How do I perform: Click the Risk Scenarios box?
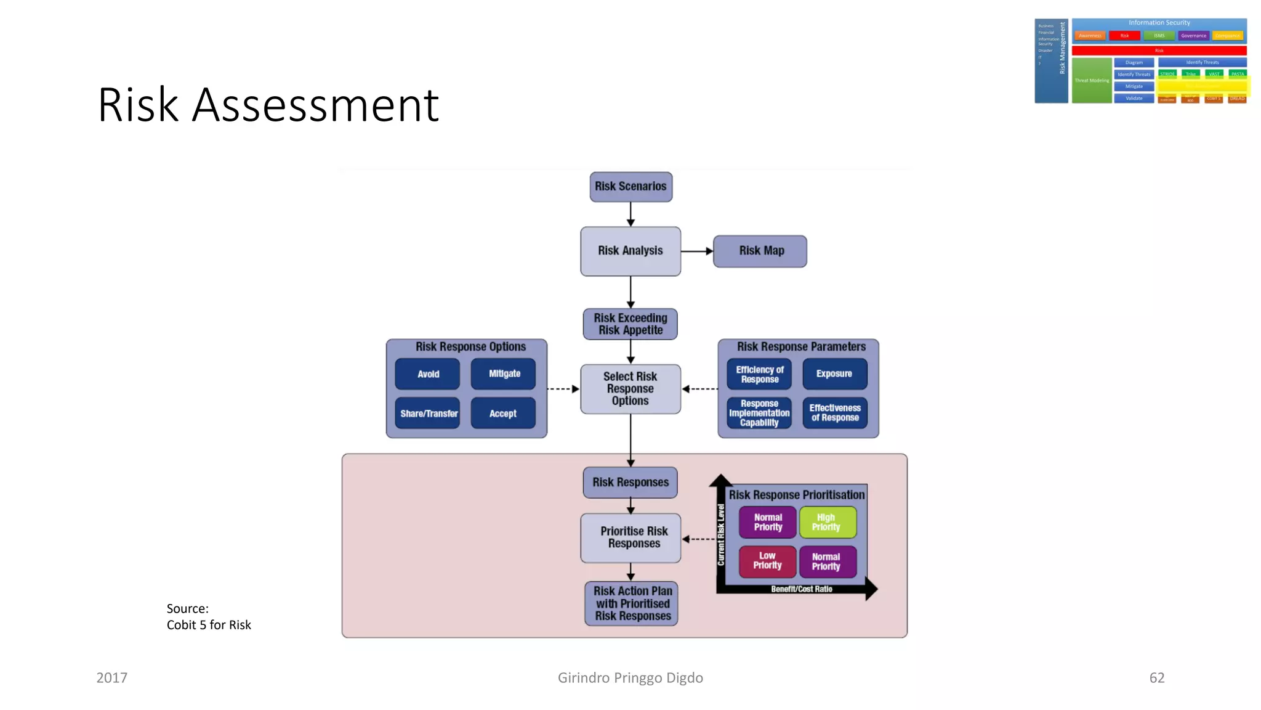tap(630, 187)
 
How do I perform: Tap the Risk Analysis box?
tap(630, 251)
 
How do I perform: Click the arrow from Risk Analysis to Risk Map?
tap(696, 251)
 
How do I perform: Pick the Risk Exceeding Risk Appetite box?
tap(630, 324)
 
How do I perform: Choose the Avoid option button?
tap(427, 374)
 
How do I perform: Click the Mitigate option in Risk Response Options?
tap(504, 374)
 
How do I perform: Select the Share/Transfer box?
tap(428, 414)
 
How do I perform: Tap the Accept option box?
tap(503, 414)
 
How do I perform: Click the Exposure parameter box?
tap(834, 374)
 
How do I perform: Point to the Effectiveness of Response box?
tap(834, 413)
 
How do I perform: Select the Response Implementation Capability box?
tap(759, 413)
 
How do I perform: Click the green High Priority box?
tap(827, 522)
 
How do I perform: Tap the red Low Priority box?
tap(767, 561)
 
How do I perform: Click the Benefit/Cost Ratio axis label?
tap(801, 589)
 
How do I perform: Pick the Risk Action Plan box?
tap(632, 603)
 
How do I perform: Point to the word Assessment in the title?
tap(315, 105)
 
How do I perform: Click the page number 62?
tap(1156, 678)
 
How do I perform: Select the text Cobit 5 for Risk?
tap(209, 625)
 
